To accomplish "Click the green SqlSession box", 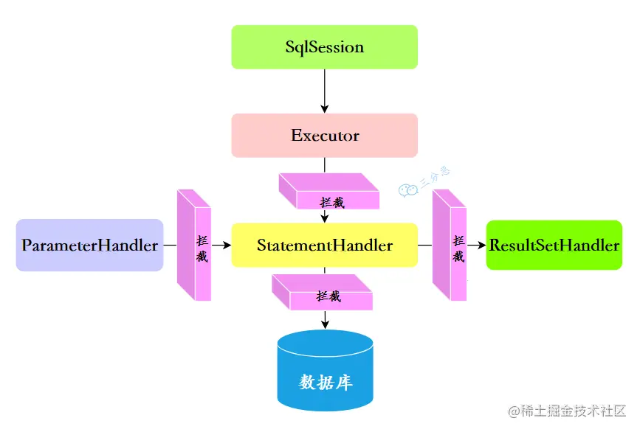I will pyautogui.click(x=325, y=47).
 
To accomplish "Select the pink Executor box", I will pyautogui.click(x=325, y=136).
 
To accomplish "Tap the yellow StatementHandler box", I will pyautogui.click(x=325, y=245).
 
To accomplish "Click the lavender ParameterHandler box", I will pyautogui.click(x=89, y=245).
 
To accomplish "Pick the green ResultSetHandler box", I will pyautogui.click(x=554, y=245).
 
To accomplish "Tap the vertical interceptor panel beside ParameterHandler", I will pyautogui.click(x=194, y=245).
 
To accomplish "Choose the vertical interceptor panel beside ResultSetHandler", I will pyautogui.click(x=450, y=245).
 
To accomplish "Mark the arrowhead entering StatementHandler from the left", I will pyautogui.click(x=227, y=245).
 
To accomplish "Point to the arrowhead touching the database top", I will pyautogui.click(x=325, y=324).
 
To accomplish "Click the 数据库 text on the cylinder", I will pyautogui.click(x=325, y=383).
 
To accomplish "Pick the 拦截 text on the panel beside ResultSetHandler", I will pyautogui.click(x=458, y=249).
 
